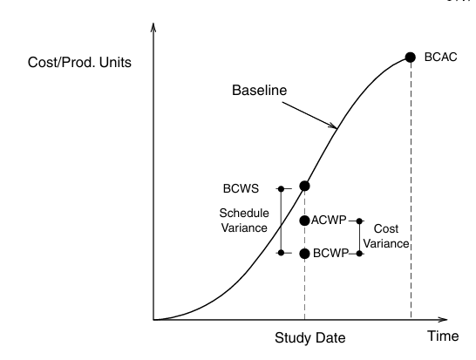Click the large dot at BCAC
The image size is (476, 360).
tap(410, 57)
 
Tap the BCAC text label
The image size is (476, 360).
tap(440, 57)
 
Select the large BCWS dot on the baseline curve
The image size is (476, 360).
tap(305, 186)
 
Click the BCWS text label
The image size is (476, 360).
tap(241, 188)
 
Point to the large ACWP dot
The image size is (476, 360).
tap(304, 221)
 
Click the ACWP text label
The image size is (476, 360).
tap(329, 220)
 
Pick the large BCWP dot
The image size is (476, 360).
tap(304, 254)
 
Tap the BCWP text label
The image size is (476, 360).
tap(330, 253)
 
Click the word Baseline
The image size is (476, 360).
tap(259, 90)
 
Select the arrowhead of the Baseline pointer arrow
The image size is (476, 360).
tap(334, 126)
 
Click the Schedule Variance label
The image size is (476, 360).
tap(244, 221)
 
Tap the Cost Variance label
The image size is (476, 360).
tap(386, 236)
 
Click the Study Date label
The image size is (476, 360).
tap(310, 338)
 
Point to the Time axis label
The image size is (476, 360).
tap(443, 336)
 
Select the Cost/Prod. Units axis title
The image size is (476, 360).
tap(79, 62)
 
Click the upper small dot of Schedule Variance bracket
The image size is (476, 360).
tap(281, 189)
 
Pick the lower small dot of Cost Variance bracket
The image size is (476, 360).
tap(359, 254)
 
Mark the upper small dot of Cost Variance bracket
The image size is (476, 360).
tap(359, 221)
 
